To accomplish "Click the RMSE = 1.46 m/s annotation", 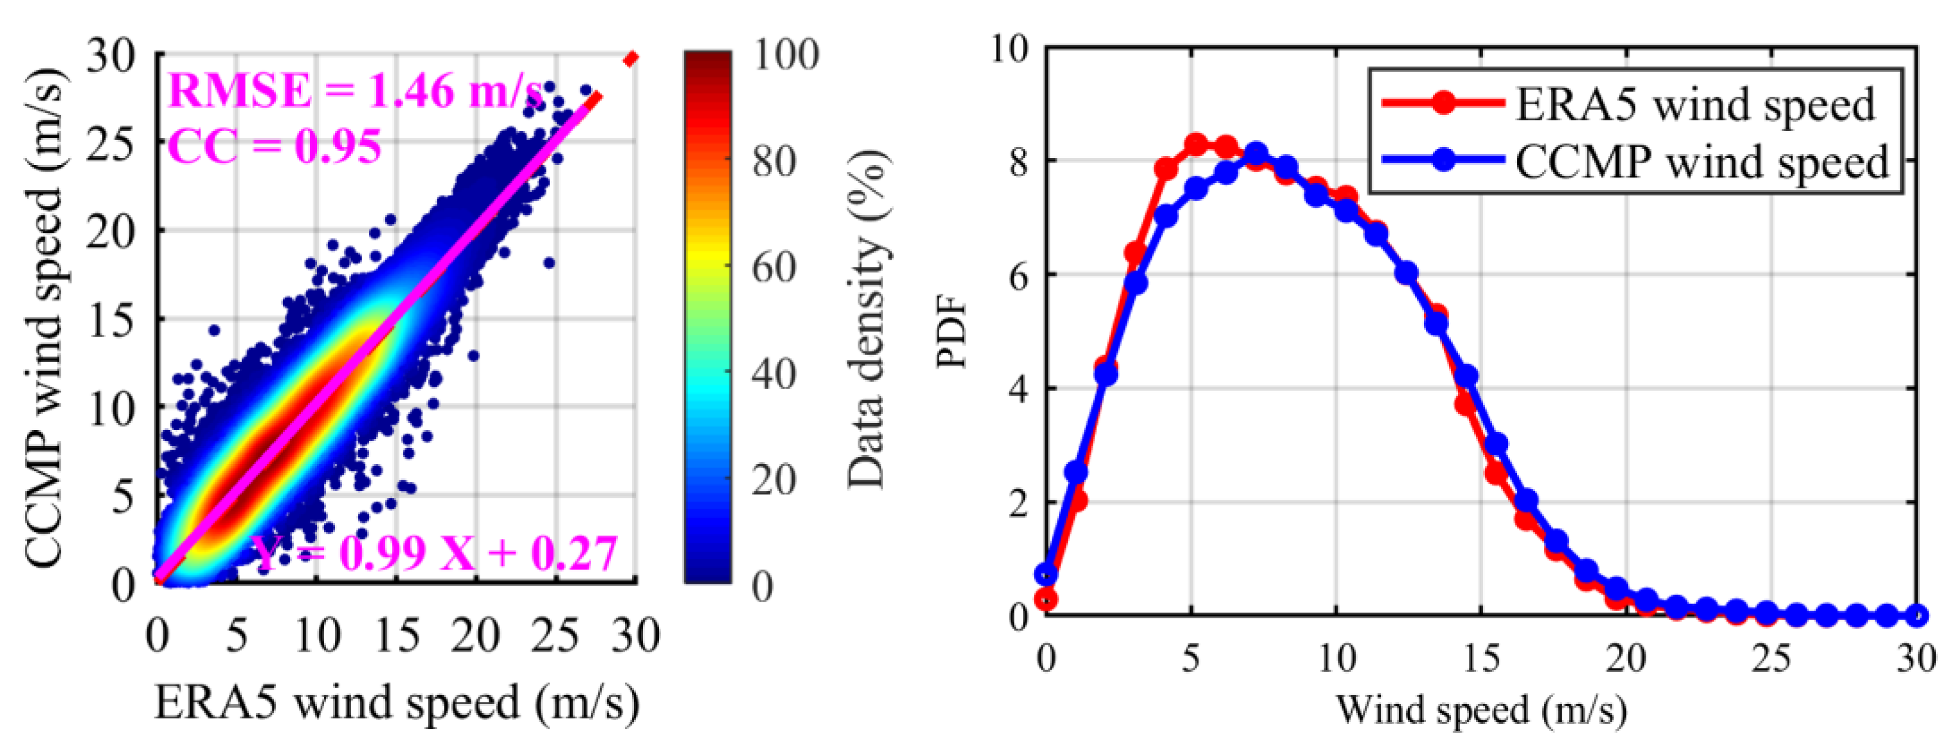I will tap(354, 91).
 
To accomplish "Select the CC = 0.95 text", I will tap(274, 146).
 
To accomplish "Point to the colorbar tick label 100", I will tap(786, 55).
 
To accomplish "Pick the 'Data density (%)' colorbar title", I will tap(867, 319).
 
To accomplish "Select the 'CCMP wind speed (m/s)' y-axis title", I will tap(44, 319).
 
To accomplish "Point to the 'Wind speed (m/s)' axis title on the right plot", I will tap(1481, 711).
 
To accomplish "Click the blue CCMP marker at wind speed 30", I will tap(1917, 615).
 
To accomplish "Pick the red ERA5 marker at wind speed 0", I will tap(1048, 600).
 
